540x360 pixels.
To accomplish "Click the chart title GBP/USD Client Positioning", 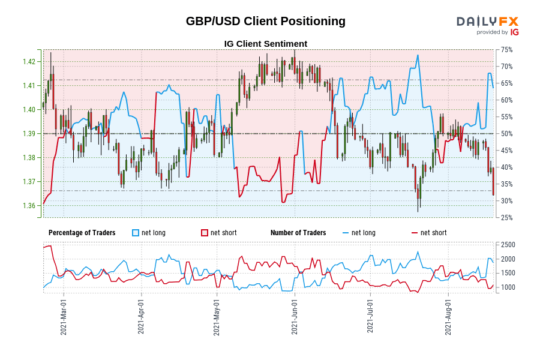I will [x=265, y=21].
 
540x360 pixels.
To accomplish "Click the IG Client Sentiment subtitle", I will [x=265, y=44].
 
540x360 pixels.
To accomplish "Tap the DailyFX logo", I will [x=487, y=25].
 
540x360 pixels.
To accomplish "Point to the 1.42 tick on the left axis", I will [x=29, y=62].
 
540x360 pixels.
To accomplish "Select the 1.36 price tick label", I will [x=29, y=206].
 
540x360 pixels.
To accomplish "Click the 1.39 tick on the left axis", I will [x=29, y=134].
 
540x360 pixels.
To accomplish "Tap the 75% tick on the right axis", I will [x=506, y=50].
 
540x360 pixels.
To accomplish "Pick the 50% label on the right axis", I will [x=506, y=134].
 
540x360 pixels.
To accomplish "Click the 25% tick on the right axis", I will [x=506, y=218].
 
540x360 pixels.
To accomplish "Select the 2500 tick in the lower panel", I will [x=508, y=245].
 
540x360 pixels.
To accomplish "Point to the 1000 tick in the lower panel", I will [x=508, y=287].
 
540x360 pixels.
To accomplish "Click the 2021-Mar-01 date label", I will [x=64, y=318].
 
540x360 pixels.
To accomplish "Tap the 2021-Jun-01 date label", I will [x=295, y=318].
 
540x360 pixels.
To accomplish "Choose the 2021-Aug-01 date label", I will [x=448, y=318].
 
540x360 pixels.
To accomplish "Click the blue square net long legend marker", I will [x=136, y=233].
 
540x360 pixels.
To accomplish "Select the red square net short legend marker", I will [x=205, y=233].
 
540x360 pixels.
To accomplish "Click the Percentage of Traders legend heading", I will [x=82, y=233].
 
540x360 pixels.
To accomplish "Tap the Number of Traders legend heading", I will [x=298, y=233].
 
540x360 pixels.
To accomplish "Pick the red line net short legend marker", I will [x=415, y=233].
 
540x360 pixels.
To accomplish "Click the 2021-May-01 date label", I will [x=217, y=318].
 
